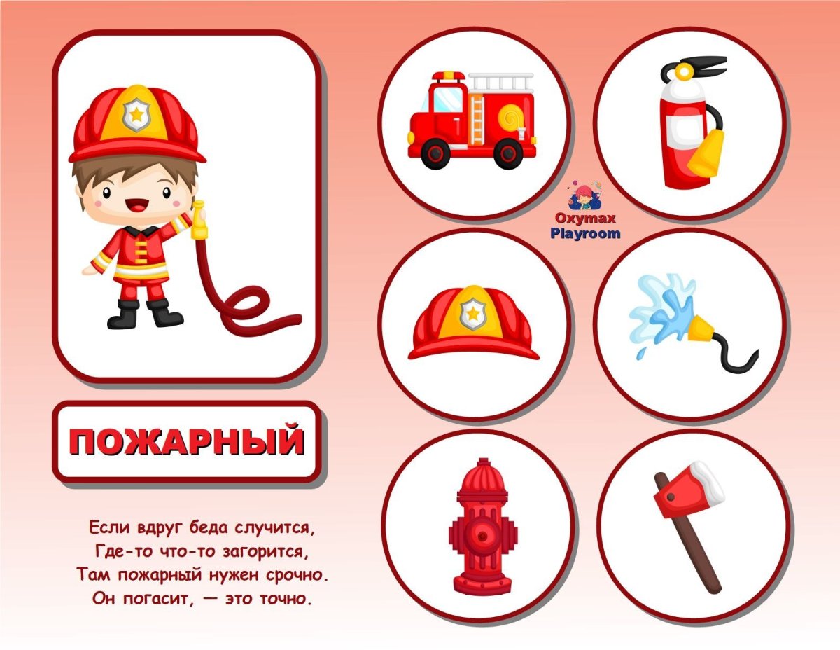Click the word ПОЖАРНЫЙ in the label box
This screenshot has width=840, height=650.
pyautogui.click(x=187, y=442)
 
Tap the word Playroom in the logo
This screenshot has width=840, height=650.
pyautogui.click(x=585, y=234)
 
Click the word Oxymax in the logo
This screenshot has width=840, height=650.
pyautogui.click(x=585, y=219)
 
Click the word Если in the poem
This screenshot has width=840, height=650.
pyautogui.click(x=106, y=525)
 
